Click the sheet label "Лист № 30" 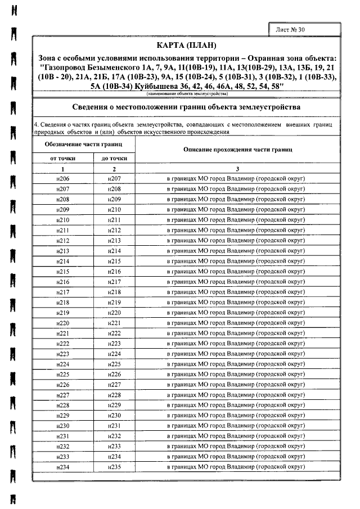point(291,29)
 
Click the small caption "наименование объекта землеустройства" point(186,94)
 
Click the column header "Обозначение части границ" point(84,145)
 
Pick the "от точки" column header point(62,159)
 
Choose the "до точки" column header point(114,159)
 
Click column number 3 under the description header point(237,169)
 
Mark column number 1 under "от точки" point(62,169)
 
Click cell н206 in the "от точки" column point(62,178)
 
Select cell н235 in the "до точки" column point(114,467)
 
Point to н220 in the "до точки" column point(114,312)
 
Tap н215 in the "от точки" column point(62,271)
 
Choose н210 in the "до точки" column point(114,209)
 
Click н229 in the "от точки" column point(62,416)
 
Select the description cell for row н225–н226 point(237,375)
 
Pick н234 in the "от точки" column point(62,467)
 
